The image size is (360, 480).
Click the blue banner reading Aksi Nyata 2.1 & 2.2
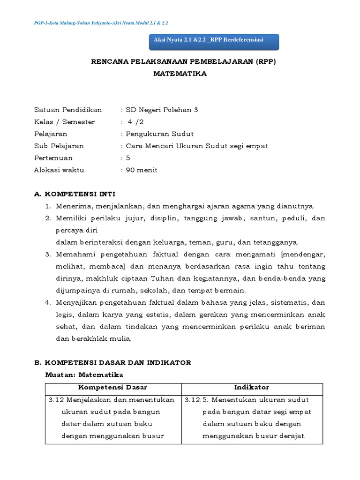[214, 41]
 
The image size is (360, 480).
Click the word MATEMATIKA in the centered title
[180, 74]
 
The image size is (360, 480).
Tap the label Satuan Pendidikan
[68, 110]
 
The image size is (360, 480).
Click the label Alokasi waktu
[59, 170]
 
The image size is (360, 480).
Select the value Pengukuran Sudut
[157, 134]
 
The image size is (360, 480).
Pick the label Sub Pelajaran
[59, 146]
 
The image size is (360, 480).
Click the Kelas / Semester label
[65, 122]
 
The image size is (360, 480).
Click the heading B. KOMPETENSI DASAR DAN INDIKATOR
[112, 363]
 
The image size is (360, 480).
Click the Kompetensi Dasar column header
[112, 387]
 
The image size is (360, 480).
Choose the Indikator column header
[252, 387]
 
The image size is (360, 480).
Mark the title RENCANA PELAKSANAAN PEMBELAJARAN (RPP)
[180, 62]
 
